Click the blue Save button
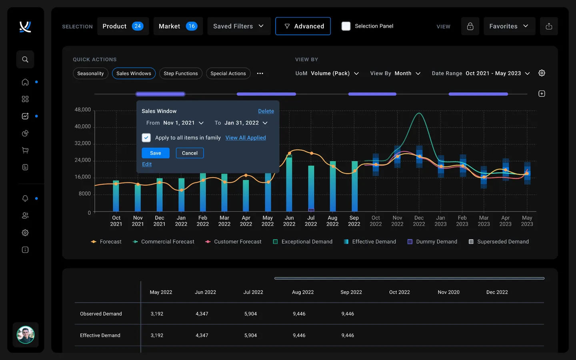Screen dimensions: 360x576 point(155,153)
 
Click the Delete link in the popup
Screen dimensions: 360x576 point(266,111)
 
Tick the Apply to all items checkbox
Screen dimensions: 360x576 point(146,138)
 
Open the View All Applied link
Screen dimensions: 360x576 point(245,138)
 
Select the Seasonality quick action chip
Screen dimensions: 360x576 point(90,74)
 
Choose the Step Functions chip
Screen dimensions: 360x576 point(180,74)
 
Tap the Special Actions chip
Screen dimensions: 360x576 point(228,74)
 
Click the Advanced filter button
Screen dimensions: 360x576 point(303,26)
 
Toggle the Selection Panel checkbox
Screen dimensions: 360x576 point(346,26)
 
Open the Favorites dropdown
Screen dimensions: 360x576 point(509,26)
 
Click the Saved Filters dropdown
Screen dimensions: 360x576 point(238,26)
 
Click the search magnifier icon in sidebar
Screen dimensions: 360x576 point(25,60)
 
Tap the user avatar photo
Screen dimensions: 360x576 point(26,335)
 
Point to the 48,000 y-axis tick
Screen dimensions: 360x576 point(83,110)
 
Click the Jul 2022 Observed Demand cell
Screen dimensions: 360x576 point(250,314)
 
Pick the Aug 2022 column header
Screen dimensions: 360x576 point(302,292)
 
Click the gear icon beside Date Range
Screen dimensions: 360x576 point(542,73)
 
